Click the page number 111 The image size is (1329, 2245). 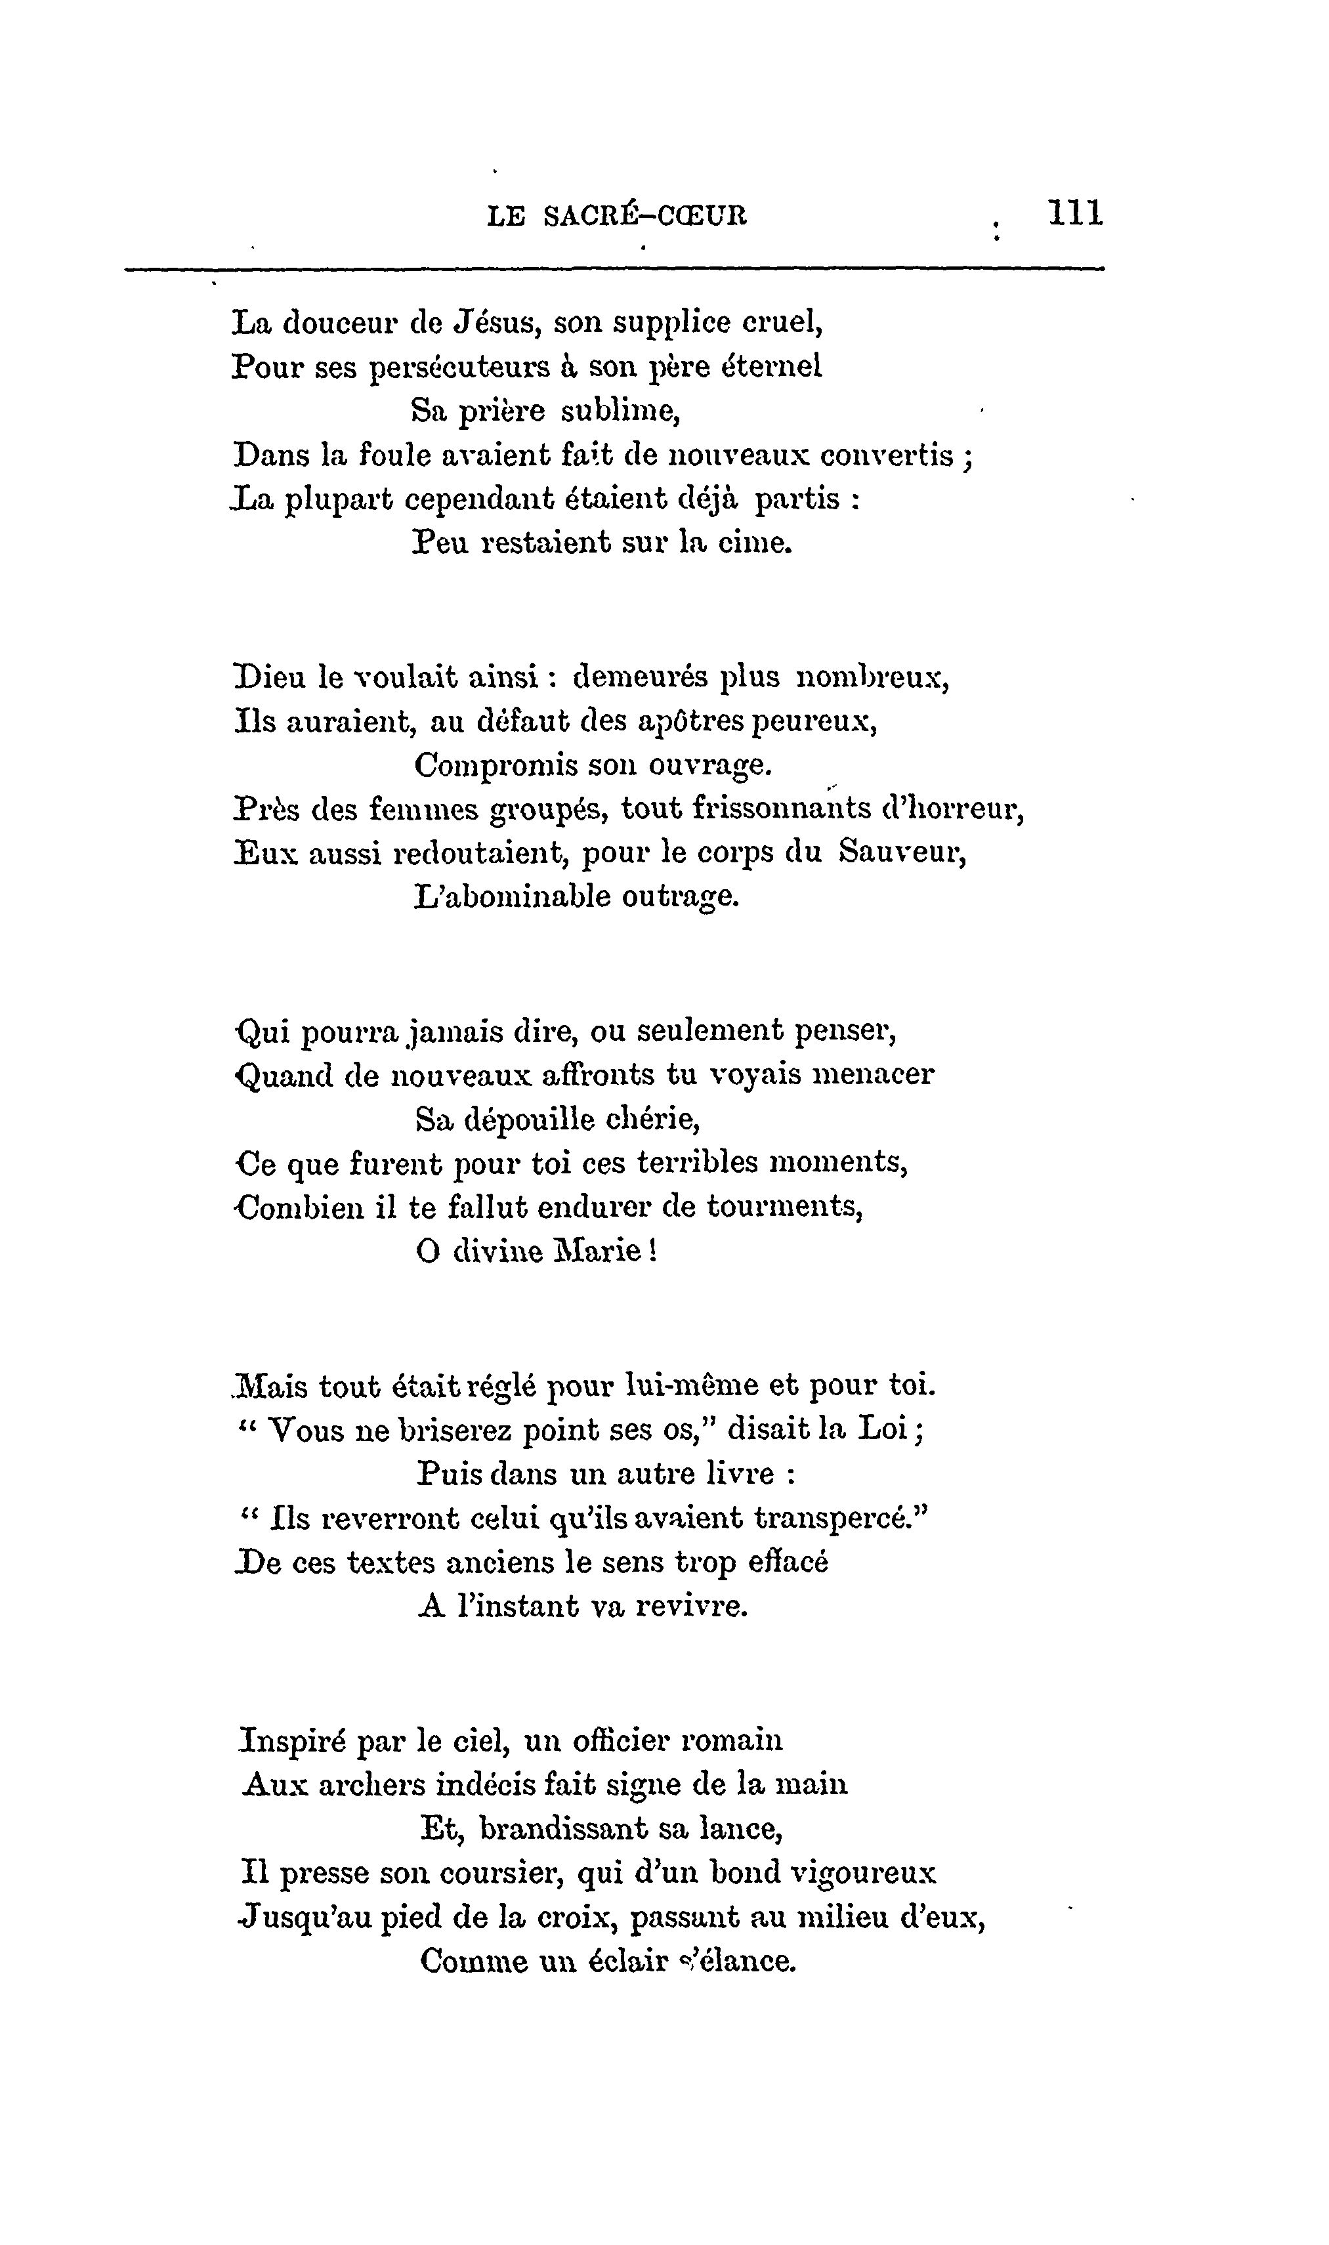tap(1076, 214)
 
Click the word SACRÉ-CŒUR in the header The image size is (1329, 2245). tap(644, 216)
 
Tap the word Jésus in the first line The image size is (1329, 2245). tap(494, 322)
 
